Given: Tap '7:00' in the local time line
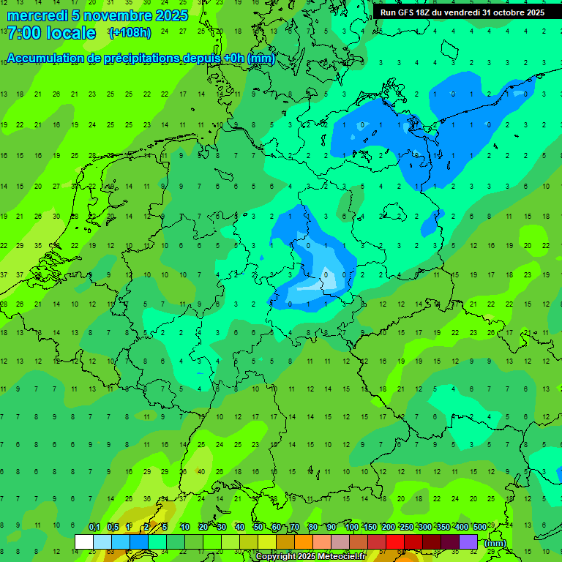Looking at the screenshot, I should click(23, 33).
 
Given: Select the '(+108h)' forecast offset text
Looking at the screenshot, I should click(130, 33).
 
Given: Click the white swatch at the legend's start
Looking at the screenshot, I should click(84, 542).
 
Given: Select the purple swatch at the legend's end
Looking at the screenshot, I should click(468, 542).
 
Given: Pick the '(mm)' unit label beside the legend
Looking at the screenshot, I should click(495, 543).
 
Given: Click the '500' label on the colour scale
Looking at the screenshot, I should click(479, 527).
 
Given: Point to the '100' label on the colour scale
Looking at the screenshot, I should click(352, 527).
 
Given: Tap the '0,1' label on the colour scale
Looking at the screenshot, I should click(94, 527).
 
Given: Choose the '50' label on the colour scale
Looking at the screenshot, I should click(258, 527).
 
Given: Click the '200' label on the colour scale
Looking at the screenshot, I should click(388, 527).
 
